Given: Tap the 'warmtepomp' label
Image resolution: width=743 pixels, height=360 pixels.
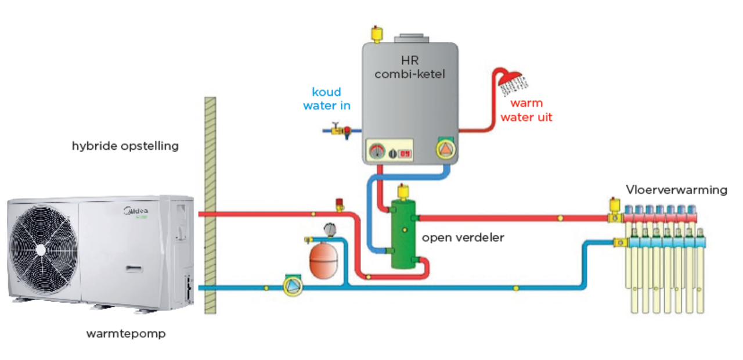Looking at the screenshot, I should (x=126, y=334).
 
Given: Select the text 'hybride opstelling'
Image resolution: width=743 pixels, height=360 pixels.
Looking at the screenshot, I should (x=125, y=146).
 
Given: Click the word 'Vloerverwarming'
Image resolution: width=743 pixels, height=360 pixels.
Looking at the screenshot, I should (x=676, y=190).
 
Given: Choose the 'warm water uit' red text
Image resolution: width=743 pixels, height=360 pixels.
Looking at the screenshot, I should (x=526, y=110).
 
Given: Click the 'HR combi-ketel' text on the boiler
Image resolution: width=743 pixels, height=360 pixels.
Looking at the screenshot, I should (x=409, y=67).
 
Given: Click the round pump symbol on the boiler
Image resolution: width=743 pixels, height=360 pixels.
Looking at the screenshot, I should (x=446, y=150).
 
